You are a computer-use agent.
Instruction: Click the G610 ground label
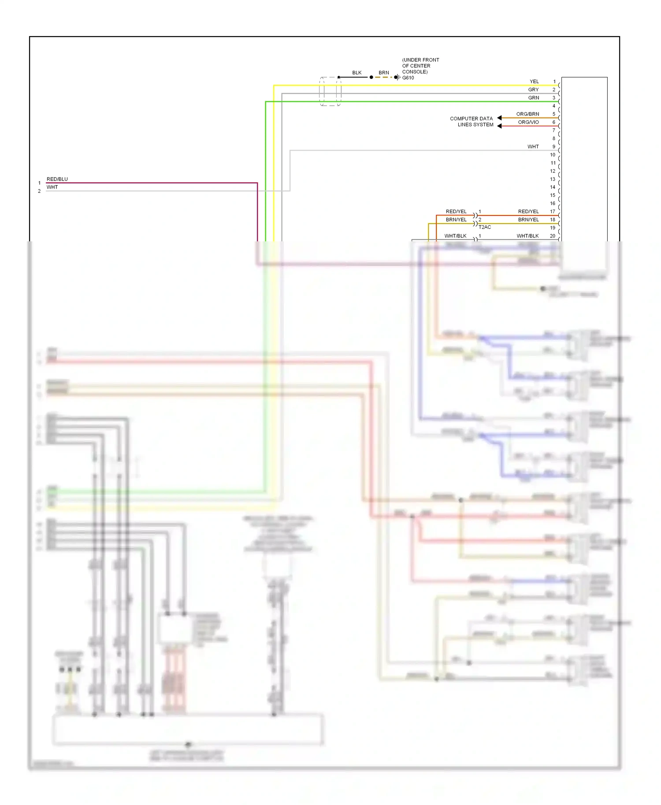(x=408, y=78)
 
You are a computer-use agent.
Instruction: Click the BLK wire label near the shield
(x=356, y=73)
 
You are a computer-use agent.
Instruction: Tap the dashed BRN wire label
(x=383, y=73)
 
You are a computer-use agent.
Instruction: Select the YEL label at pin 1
(x=534, y=81)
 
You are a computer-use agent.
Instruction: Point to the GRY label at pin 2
(x=533, y=90)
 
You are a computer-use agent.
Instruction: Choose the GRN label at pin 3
(x=533, y=98)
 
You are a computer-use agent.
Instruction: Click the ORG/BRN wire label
(x=527, y=114)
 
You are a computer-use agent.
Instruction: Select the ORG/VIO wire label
(x=528, y=122)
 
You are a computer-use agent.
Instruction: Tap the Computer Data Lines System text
(x=472, y=122)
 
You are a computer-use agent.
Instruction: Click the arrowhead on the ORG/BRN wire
(x=499, y=118)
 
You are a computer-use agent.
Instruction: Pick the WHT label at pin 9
(x=533, y=147)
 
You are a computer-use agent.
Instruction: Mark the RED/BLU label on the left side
(x=57, y=179)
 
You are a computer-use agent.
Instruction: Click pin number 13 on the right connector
(x=552, y=179)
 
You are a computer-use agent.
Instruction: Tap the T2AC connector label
(x=485, y=227)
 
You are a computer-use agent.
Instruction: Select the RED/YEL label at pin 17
(x=528, y=212)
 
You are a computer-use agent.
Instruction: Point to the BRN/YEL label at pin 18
(x=528, y=220)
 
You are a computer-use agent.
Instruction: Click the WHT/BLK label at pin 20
(x=527, y=236)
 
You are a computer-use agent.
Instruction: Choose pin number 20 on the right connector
(x=552, y=236)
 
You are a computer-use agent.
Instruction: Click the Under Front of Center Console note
(x=420, y=66)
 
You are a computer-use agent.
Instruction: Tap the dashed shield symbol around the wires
(x=330, y=92)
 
